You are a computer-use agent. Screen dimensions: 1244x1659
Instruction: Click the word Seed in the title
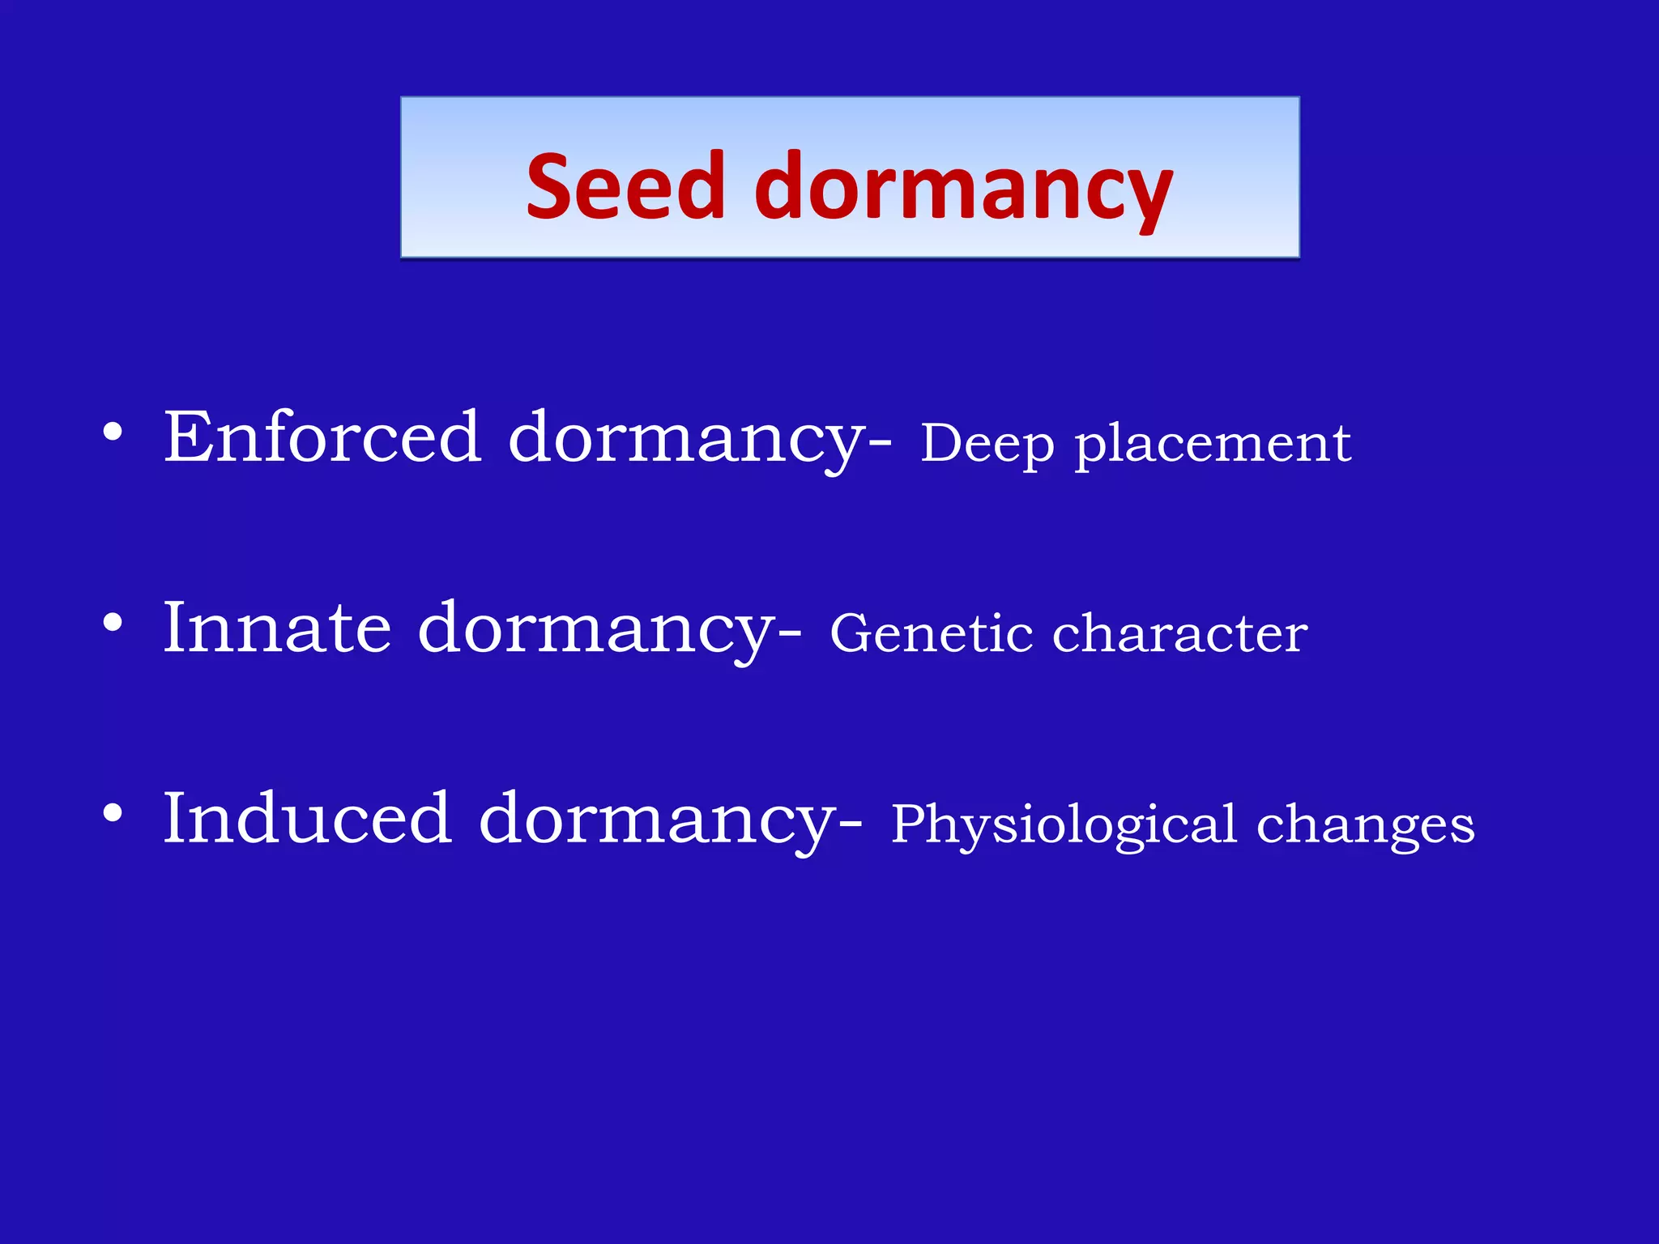(625, 186)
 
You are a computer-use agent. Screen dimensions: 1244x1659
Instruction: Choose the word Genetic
(931, 633)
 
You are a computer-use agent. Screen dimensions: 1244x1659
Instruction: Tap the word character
(1179, 633)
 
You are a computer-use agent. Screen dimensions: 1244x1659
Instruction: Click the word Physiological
(1064, 824)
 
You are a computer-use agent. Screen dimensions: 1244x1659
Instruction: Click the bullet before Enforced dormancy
(113, 432)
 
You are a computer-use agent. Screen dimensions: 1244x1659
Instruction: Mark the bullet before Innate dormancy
(113, 623)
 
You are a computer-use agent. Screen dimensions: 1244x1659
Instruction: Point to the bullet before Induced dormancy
(113, 813)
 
